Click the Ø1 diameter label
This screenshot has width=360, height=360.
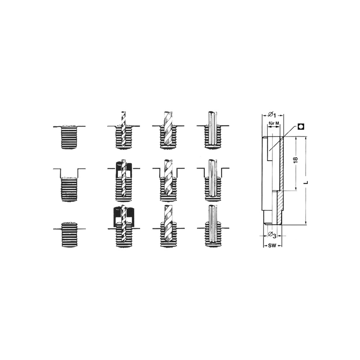pyautogui.click(x=272, y=114)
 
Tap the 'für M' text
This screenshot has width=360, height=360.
pyautogui.click(x=274, y=123)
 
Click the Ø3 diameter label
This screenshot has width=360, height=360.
pyautogui.click(x=272, y=235)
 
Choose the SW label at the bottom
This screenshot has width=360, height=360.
pyautogui.click(x=272, y=246)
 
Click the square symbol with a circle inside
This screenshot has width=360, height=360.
pyautogui.click(x=301, y=126)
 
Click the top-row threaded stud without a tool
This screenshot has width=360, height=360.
pyautogui.click(x=69, y=137)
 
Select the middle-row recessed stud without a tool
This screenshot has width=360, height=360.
pyautogui.click(x=69, y=189)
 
